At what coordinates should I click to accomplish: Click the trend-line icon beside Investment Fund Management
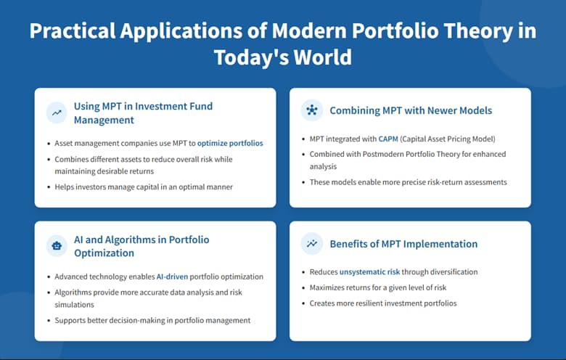(x=56, y=112)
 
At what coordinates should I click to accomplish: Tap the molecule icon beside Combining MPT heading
(x=311, y=110)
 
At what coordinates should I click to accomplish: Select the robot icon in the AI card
(x=56, y=246)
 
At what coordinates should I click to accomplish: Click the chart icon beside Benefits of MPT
(x=311, y=244)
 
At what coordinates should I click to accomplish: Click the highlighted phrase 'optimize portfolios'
(x=230, y=144)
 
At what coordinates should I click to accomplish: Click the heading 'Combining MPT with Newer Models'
(x=411, y=110)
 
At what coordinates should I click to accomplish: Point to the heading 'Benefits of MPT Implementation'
(x=403, y=244)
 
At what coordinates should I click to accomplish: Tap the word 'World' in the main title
(x=327, y=57)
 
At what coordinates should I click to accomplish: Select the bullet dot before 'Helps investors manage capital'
(x=48, y=188)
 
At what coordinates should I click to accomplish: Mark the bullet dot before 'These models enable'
(x=303, y=181)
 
